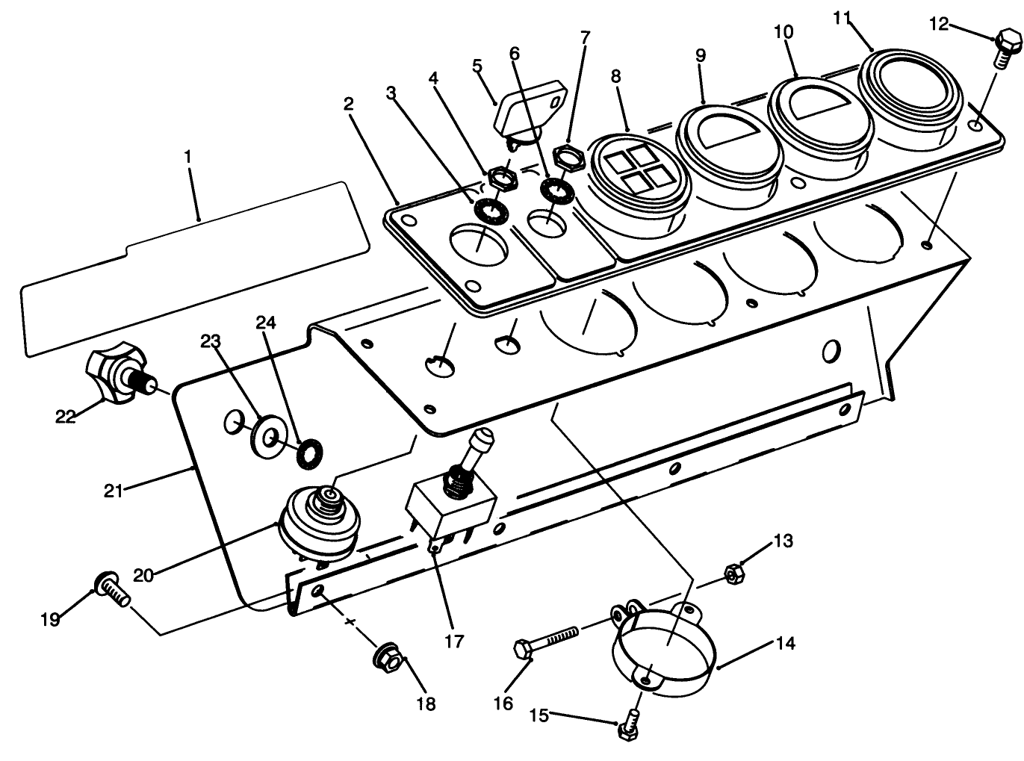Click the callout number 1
[187, 157]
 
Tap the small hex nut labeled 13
[733, 574]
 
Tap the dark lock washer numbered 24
[308, 454]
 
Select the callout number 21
[113, 491]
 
